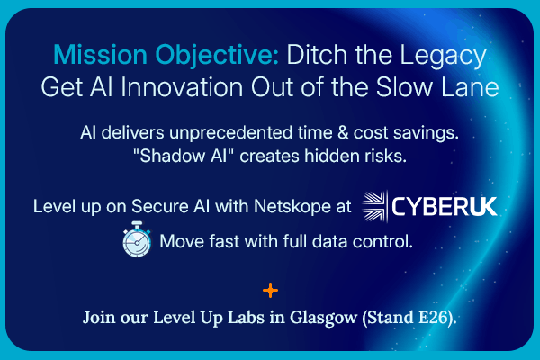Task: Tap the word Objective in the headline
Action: point(213,55)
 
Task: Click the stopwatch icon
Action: point(136,242)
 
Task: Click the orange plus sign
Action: point(269,291)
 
